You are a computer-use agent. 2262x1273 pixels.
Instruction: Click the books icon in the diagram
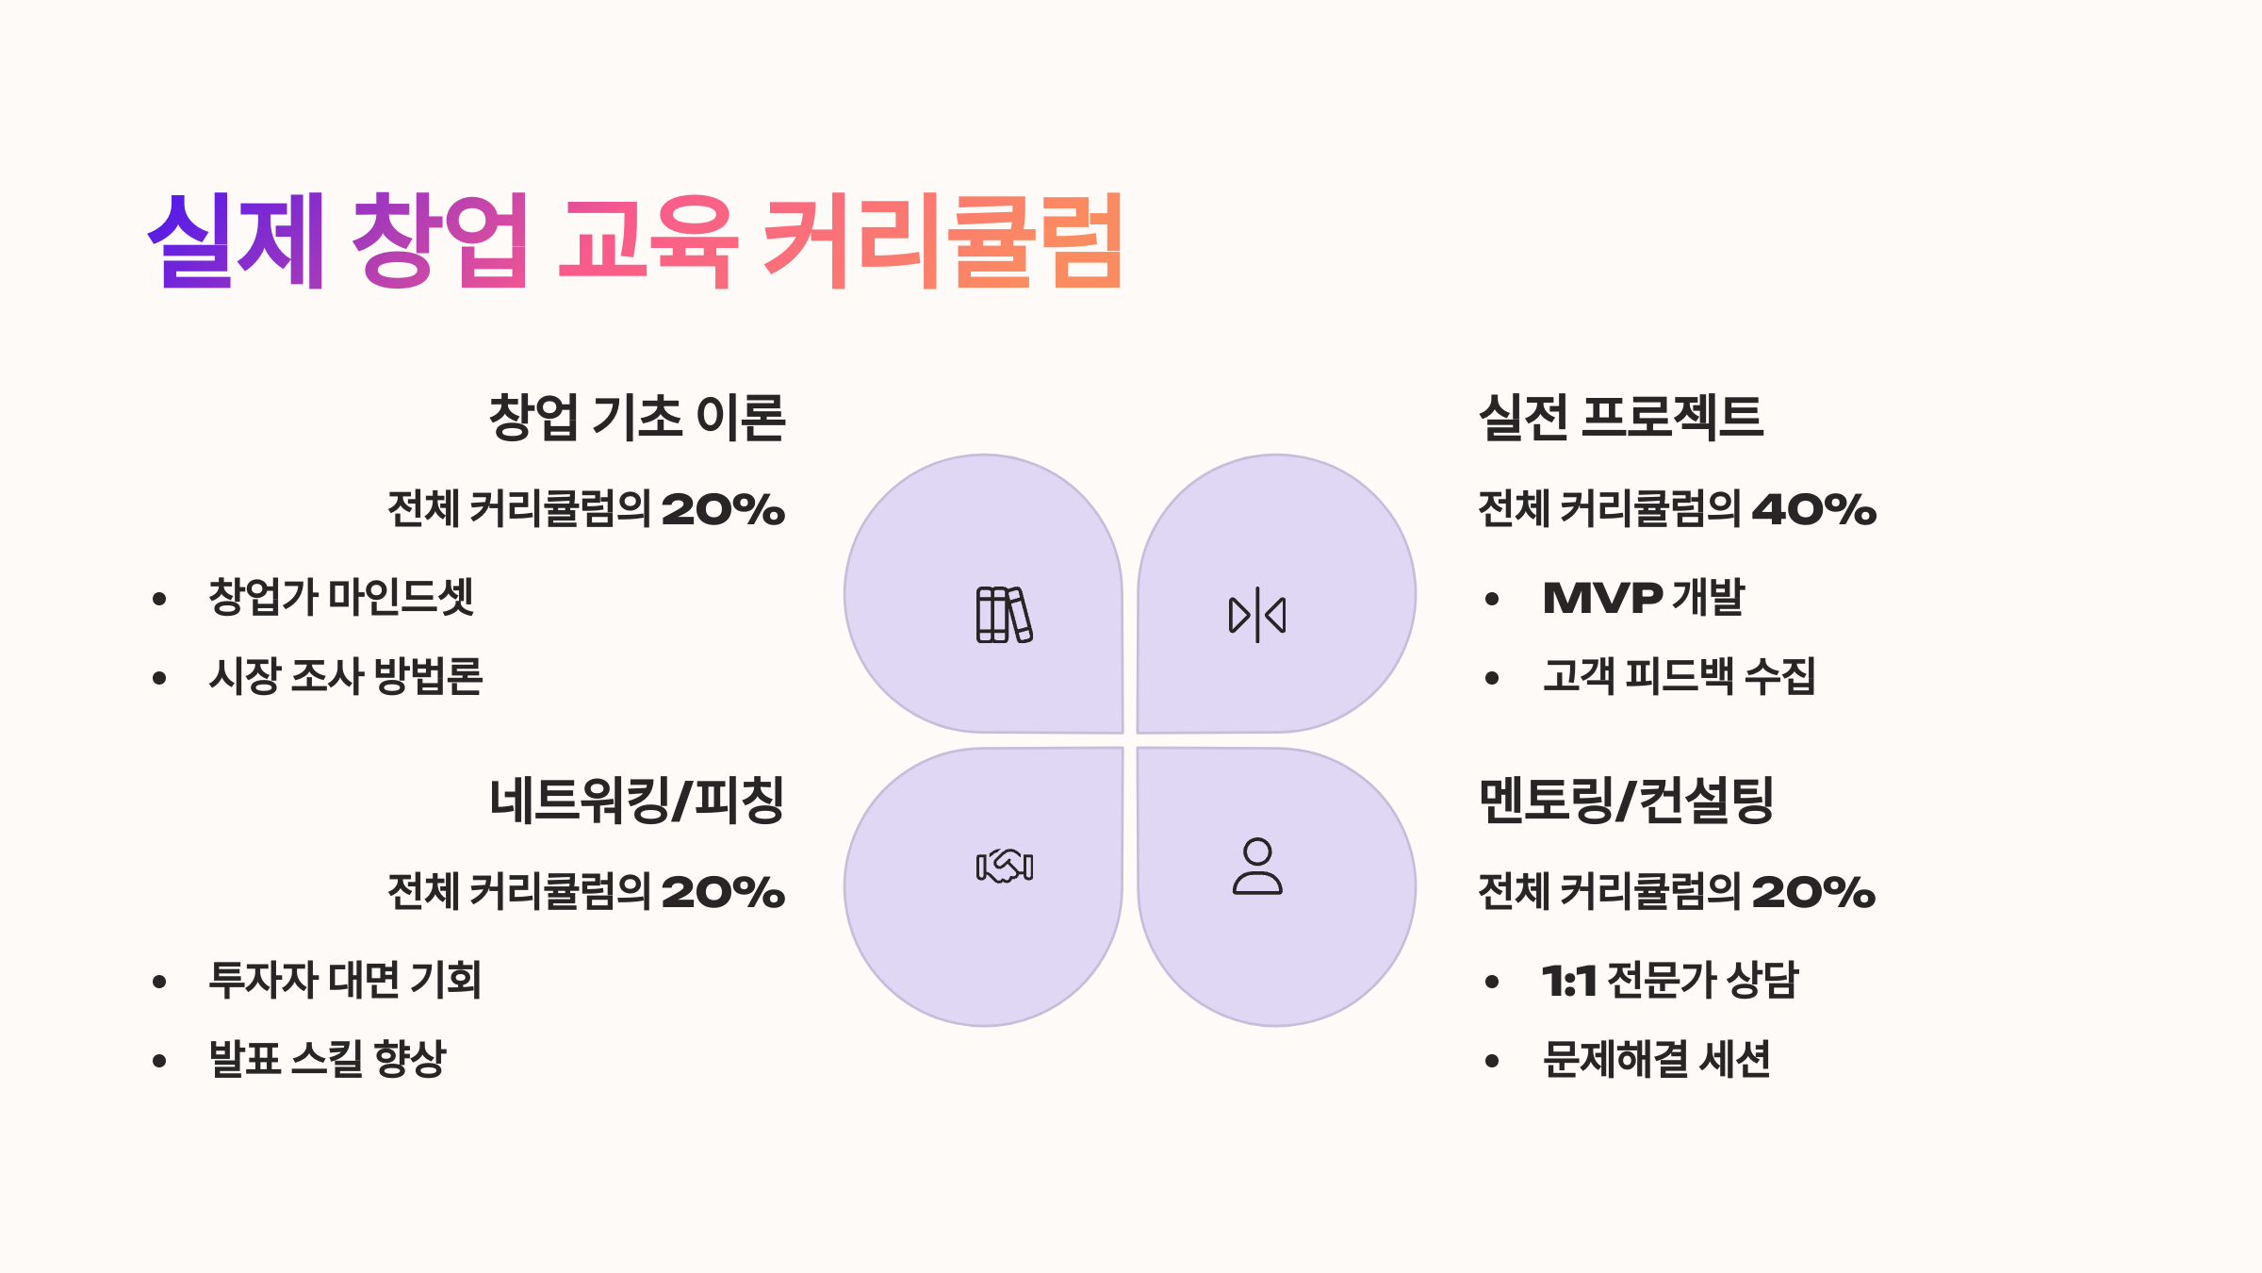1004,615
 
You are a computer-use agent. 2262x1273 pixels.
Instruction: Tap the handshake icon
1005,866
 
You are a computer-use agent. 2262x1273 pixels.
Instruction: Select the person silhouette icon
1257,866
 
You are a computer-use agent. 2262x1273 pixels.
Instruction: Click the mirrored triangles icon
1257,615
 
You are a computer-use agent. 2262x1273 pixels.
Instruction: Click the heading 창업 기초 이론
637,417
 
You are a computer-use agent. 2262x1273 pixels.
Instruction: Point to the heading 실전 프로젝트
1621,417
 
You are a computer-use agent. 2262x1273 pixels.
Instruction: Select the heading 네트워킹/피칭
637,800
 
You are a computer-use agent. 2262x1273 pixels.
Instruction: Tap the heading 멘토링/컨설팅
1627,800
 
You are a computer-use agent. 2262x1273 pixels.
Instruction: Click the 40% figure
1814,509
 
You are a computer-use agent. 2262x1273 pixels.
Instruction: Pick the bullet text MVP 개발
1644,598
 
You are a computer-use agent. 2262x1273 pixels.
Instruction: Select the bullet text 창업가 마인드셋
341,598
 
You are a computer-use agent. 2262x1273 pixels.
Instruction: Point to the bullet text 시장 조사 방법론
346,676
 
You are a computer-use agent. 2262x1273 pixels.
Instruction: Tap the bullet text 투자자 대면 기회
345,980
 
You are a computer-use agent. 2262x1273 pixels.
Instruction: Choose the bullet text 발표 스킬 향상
327,1058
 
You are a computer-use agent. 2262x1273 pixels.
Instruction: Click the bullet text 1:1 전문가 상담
1670,980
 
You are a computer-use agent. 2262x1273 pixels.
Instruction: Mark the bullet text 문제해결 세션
1657,1058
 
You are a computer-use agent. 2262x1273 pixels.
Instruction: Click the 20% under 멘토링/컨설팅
1813,892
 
